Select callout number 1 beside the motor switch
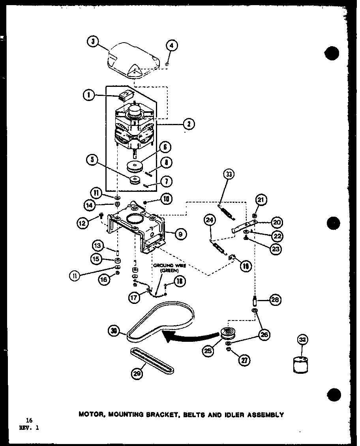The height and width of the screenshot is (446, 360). click(x=89, y=95)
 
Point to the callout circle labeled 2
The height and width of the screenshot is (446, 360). click(x=189, y=124)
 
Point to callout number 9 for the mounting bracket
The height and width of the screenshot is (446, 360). click(x=180, y=234)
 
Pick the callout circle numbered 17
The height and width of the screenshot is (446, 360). click(x=135, y=298)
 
